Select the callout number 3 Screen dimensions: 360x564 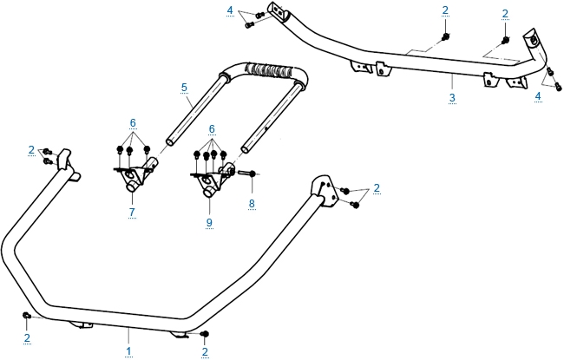pyautogui.click(x=452, y=99)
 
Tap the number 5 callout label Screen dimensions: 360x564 pyautogui.click(x=184, y=88)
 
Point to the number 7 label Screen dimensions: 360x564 pyautogui.click(x=131, y=212)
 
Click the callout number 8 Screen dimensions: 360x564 pyautogui.click(x=252, y=205)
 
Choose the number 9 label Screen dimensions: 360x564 pyautogui.click(x=209, y=221)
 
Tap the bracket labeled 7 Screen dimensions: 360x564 pyautogui.click(x=135, y=176)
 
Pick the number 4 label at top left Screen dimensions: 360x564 pyautogui.click(x=229, y=10)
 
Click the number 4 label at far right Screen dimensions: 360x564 pyautogui.click(x=538, y=96)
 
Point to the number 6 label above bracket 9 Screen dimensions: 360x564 pyautogui.click(x=211, y=128)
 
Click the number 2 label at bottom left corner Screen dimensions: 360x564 pyautogui.click(x=27, y=337)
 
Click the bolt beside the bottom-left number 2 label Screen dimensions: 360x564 pyautogui.click(x=27, y=314)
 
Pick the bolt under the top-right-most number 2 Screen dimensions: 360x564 pyautogui.click(x=505, y=40)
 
